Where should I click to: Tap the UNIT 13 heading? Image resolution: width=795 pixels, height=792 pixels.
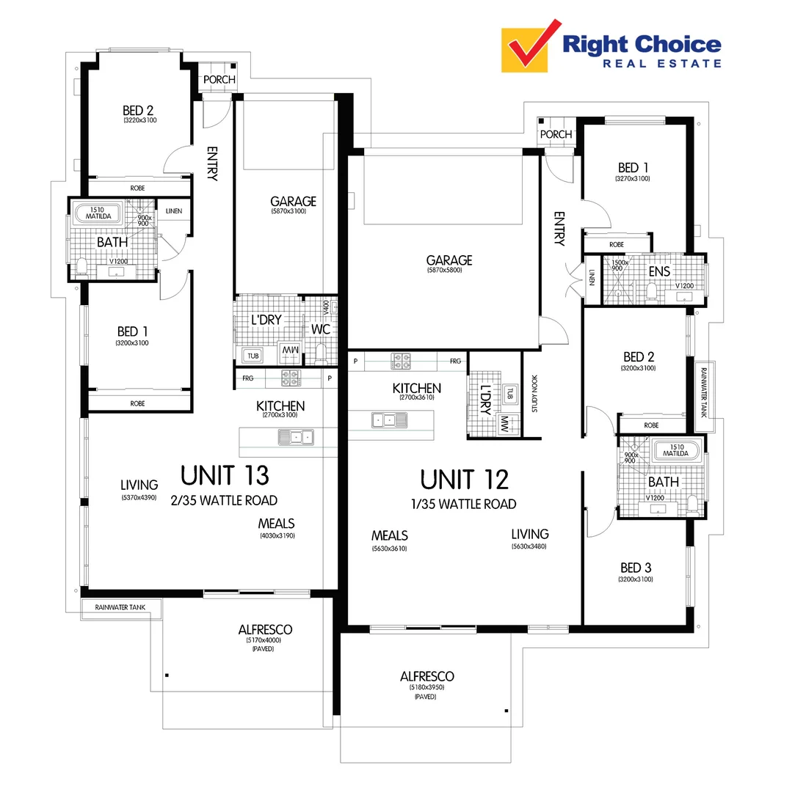pos(225,476)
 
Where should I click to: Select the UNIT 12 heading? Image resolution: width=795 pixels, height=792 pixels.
pos(464,480)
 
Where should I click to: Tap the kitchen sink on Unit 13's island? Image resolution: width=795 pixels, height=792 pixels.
pos(295,438)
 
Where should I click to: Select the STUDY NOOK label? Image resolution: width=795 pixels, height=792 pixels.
pos(534,395)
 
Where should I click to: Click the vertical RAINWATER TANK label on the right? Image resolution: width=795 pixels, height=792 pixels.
pos(703,392)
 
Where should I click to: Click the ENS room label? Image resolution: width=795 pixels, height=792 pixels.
pos(659,271)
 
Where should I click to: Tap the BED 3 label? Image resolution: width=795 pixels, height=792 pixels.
pos(636,568)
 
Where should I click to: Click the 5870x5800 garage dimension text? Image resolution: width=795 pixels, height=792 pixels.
pos(449,271)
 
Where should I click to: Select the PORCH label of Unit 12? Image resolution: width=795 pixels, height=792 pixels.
pos(556,134)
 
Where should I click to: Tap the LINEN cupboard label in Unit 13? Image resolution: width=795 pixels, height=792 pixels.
pos(174,212)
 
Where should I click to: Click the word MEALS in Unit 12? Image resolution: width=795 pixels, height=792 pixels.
pos(389,536)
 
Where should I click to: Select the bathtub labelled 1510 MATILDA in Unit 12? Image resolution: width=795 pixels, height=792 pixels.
pos(675,450)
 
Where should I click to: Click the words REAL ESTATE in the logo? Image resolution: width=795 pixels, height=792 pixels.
pos(661,64)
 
